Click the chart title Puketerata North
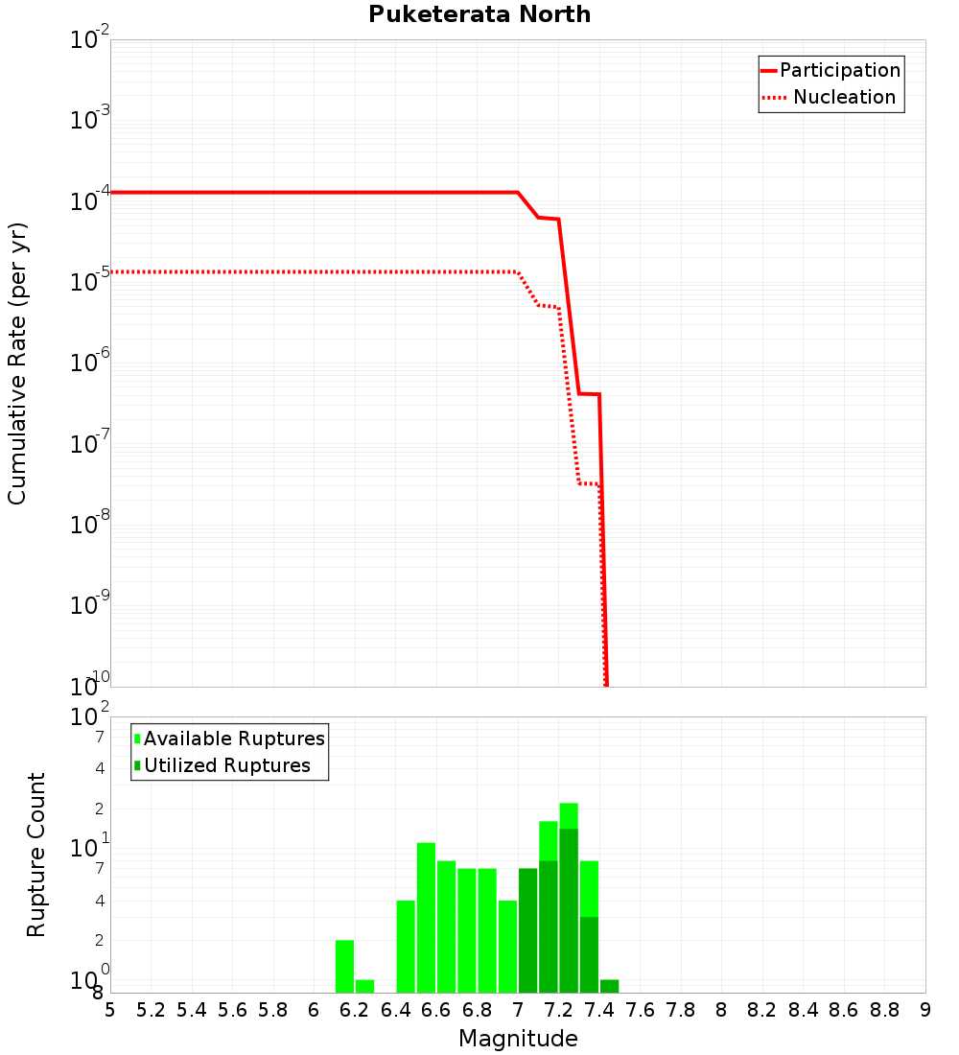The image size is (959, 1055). (479, 14)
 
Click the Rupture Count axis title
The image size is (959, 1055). (36, 855)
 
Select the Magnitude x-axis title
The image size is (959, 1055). (518, 1039)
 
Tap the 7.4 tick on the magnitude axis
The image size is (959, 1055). (599, 1010)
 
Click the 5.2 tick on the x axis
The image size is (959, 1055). (151, 1010)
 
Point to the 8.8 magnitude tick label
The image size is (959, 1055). (884, 1010)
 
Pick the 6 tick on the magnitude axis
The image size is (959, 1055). (314, 1010)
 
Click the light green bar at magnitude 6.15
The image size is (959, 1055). (344, 966)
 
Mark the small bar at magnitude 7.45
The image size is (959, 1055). (610, 986)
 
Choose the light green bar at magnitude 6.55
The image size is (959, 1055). (426, 917)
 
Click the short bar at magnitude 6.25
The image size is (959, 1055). (364, 986)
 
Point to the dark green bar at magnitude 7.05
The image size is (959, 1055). (527, 930)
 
